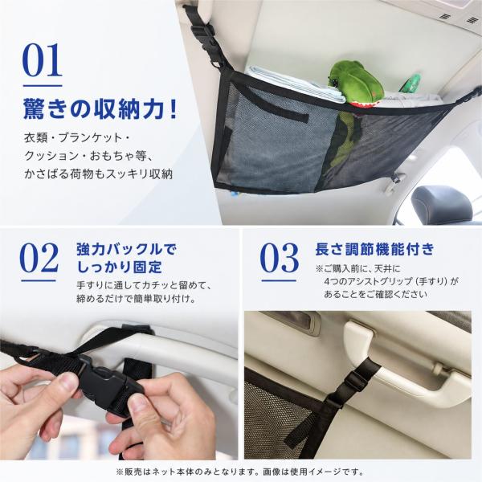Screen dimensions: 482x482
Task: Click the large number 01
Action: click(x=42, y=60)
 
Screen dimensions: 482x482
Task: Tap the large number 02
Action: click(x=39, y=258)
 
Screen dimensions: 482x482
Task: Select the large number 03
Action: click(x=279, y=258)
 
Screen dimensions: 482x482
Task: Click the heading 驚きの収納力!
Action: click(x=100, y=109)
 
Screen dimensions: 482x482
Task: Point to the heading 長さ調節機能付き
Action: click(x=374, y=249)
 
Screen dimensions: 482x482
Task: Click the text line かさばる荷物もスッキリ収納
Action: click(x=98, y=174)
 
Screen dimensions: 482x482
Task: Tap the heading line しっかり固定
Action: click(x=119, y=267)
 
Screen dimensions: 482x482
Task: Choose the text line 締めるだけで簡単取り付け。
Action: click(x=137, y=299)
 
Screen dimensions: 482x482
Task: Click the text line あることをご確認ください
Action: click(x=375, y=294)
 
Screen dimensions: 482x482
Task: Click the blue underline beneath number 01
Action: click(x=43, y=86)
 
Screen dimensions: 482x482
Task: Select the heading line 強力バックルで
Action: click(x=127, y=249)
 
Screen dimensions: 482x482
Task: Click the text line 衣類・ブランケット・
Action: click(x=77, y=137)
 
